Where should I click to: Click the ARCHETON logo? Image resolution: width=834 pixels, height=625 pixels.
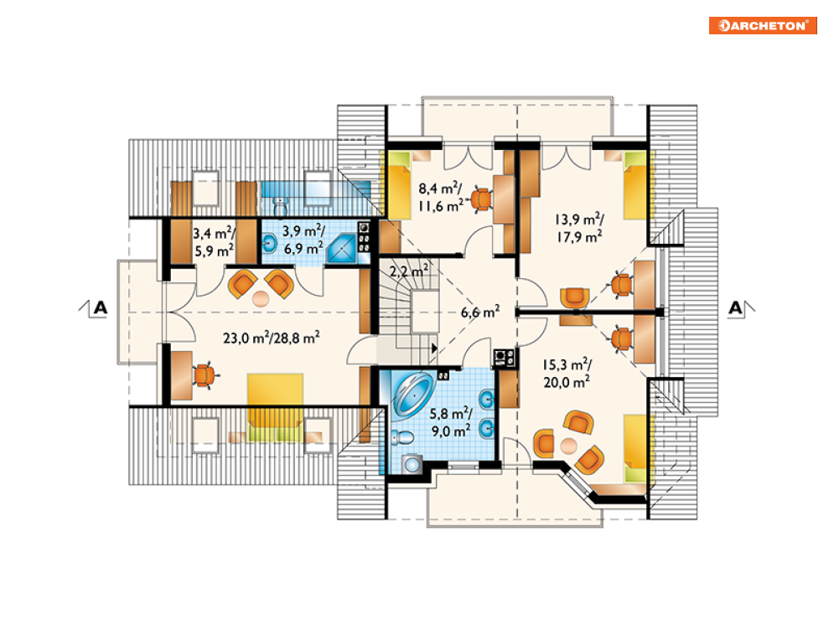pos(762,25)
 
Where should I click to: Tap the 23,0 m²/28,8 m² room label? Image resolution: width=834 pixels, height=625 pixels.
pos(272,338)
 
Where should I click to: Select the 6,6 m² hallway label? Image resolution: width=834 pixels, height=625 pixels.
pos(480,312)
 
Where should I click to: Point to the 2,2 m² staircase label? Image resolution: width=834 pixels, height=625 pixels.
pos(409,271)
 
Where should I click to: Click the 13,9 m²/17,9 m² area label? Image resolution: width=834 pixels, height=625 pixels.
pos(579,228)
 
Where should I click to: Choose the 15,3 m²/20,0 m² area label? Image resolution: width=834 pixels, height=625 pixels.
pos(567,373)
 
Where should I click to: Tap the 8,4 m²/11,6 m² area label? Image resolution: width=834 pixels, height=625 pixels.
pos(440,197)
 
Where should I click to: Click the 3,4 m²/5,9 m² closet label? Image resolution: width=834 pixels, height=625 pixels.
pos(214,242)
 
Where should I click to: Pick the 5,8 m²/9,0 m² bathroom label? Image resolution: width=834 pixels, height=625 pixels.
pos(451,422)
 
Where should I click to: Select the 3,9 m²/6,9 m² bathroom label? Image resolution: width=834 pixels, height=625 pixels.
pos(303,240)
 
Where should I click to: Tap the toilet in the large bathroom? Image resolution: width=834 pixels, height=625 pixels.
pos(402,438)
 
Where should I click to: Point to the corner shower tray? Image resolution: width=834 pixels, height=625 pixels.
pos(341,249)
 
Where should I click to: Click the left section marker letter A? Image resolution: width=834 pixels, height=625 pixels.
pos(100,307)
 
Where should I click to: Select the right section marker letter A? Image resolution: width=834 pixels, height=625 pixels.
pos(735,307)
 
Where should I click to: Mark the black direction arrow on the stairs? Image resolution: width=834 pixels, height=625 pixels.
pos(434,349)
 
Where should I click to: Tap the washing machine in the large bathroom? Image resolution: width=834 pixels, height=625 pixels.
pos(412,464)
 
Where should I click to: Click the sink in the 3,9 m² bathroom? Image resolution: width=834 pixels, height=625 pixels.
pos(269,245)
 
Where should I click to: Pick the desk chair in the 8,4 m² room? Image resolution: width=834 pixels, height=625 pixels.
pos(481,200)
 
